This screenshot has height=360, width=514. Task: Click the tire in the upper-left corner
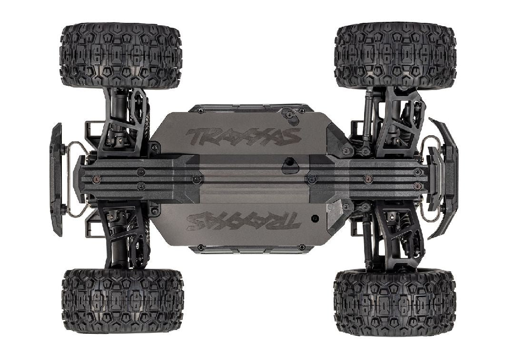coord(120,55)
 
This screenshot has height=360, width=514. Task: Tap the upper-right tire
coord(395,55)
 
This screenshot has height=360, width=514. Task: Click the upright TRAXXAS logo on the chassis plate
coord(243,137)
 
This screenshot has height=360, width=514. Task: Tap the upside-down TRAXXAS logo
coord(243,221)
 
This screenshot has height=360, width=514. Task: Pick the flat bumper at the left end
coord(56,179)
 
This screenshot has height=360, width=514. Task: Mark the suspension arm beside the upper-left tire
coord(125,122)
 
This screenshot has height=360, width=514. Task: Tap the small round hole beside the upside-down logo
coord(315,218)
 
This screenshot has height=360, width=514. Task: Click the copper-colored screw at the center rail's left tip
coord(97,179)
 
